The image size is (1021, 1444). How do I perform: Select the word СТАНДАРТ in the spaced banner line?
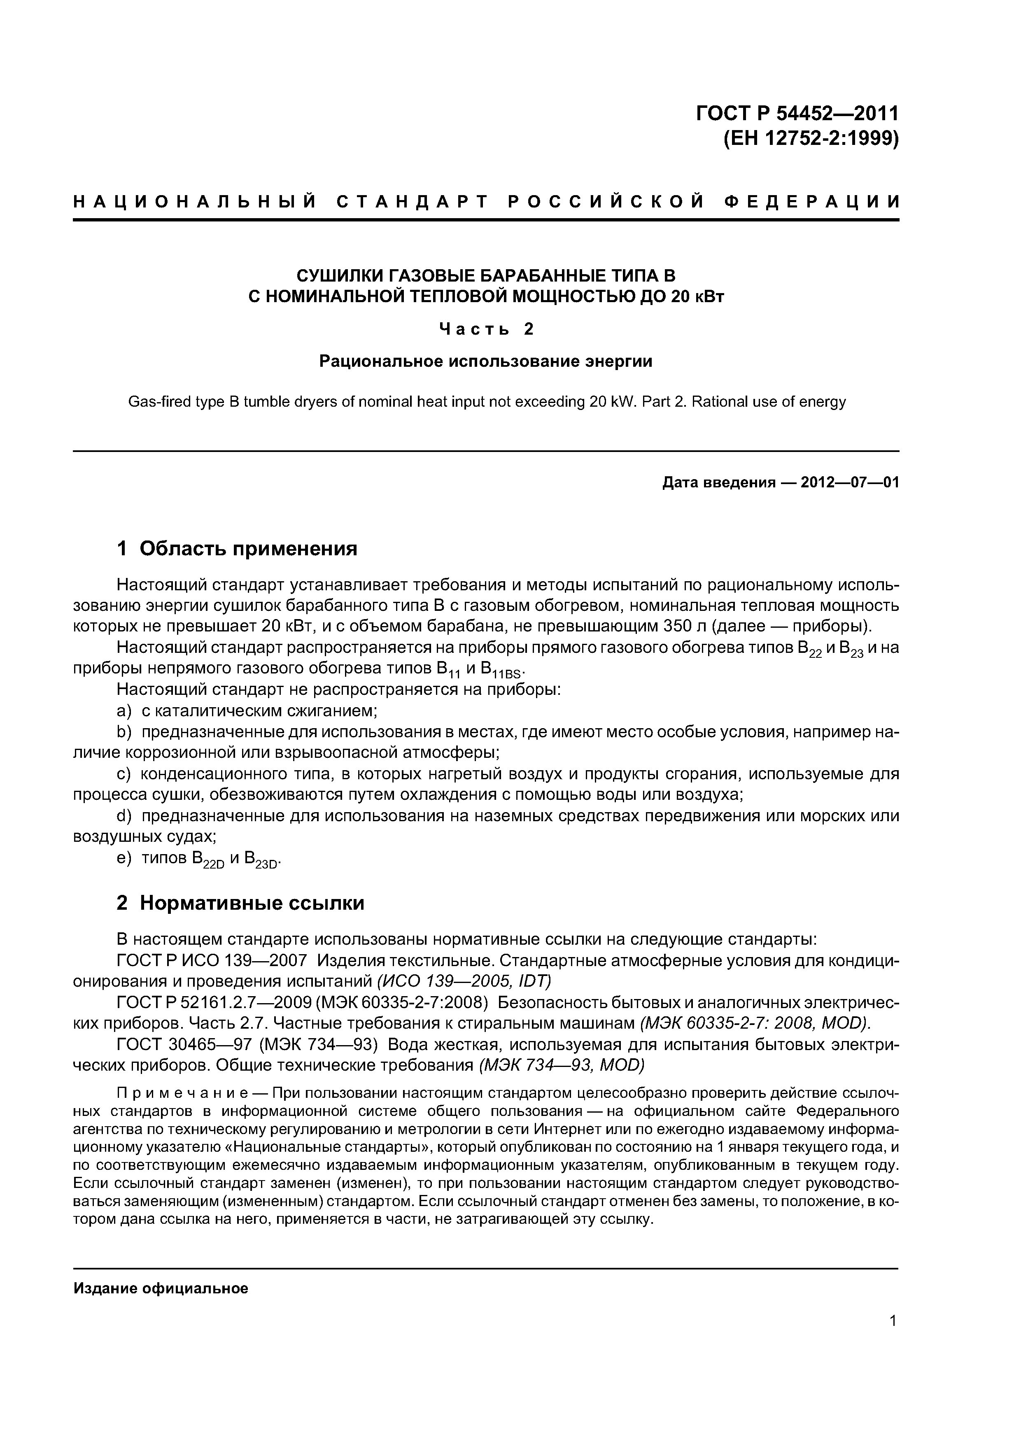click(412, 201)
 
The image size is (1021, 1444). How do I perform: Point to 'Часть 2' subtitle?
click(486, 329)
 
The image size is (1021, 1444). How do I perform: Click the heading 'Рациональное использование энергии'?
click(486, 361)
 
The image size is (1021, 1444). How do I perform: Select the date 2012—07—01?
click(849, 483)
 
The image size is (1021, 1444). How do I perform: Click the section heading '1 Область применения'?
click(237, 548)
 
